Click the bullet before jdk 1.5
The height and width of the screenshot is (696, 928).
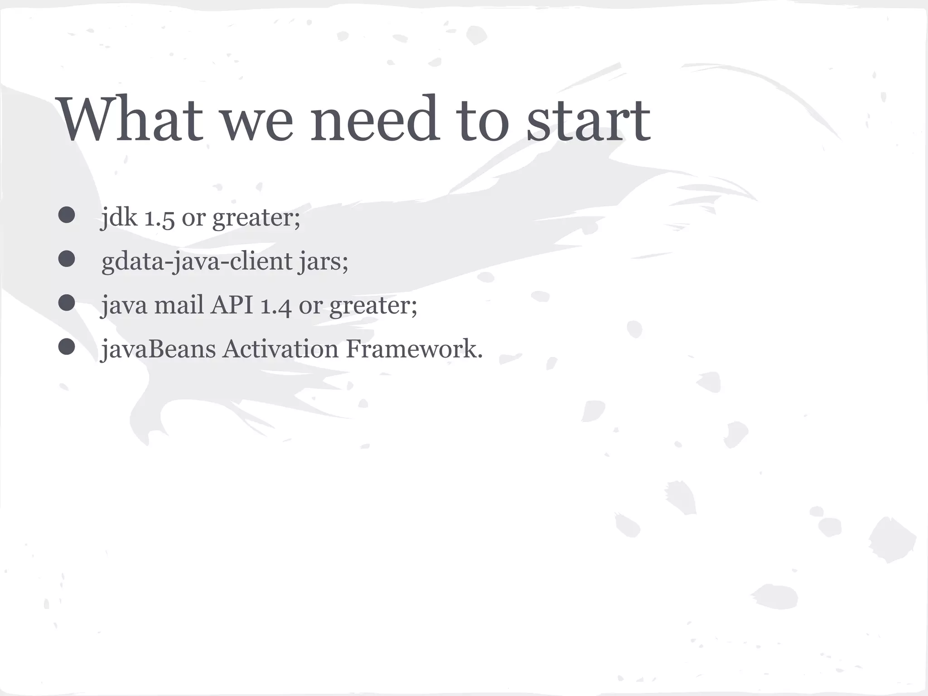[x=67, y=215]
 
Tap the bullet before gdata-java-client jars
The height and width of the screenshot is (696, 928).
[x=67, y=259]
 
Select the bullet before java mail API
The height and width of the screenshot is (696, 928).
[x=67, y=303]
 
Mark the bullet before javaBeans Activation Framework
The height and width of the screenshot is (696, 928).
[x=67, y=347]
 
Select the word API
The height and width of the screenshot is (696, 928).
[x=232, y=304]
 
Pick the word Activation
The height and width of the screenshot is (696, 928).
[x=280, y=349]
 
